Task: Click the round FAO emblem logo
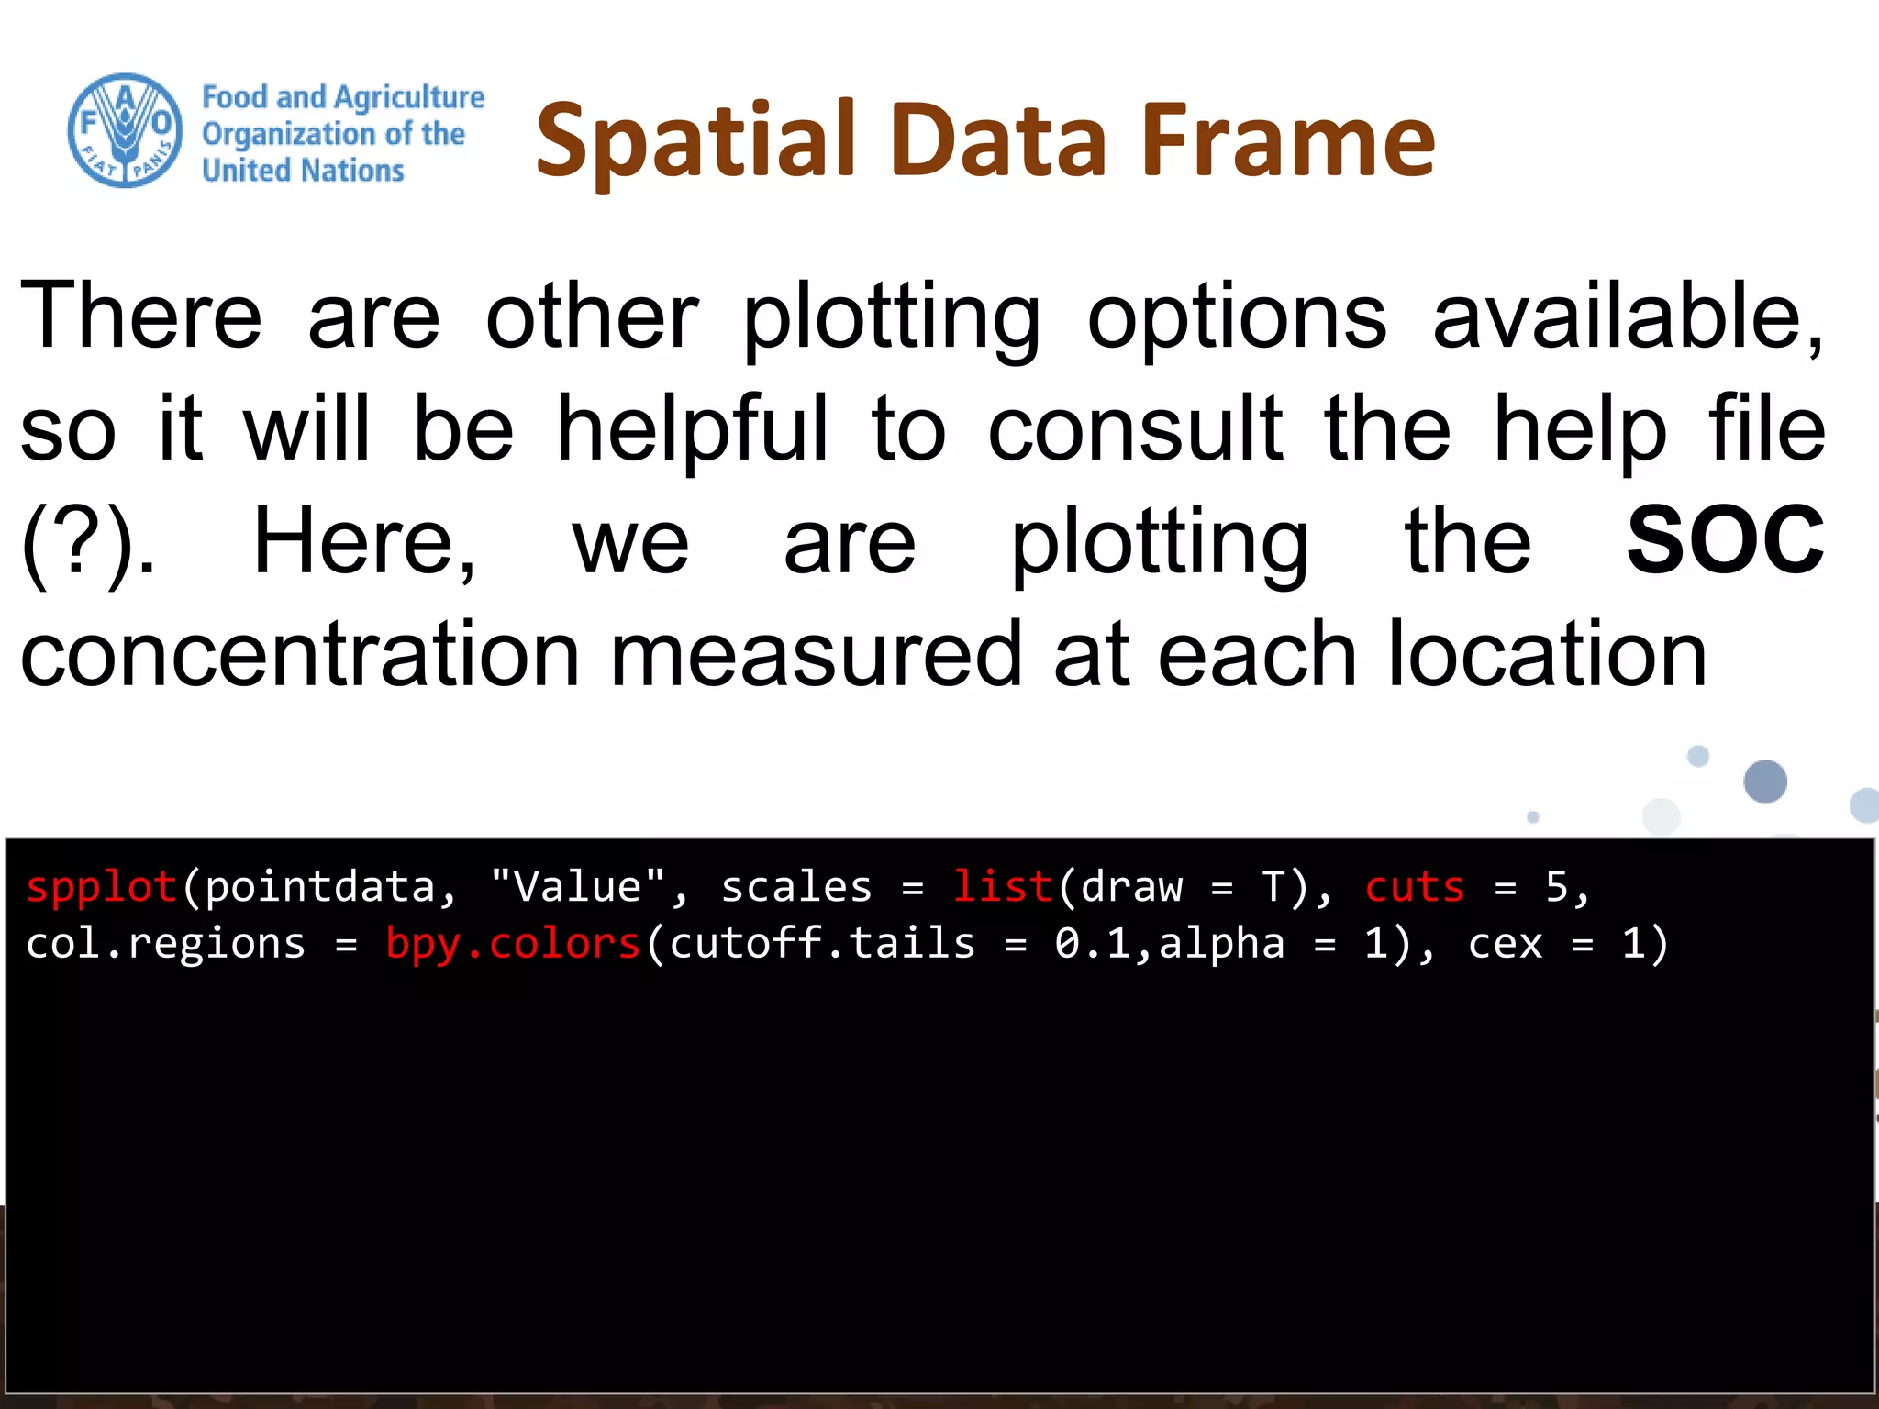(125, 130)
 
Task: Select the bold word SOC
(1725, 541)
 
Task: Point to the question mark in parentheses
(84, 543)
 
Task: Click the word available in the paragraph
(1629, 316)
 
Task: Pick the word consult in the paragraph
(1135, 428)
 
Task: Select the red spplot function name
(101, 887)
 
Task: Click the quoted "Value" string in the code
(577, 887)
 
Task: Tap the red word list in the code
(1002, 887)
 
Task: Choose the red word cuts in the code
(1414, 887)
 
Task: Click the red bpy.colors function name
(513, 944)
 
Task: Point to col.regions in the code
(165, 944)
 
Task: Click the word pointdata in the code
(319, 887)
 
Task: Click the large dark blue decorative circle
(1764, 782)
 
